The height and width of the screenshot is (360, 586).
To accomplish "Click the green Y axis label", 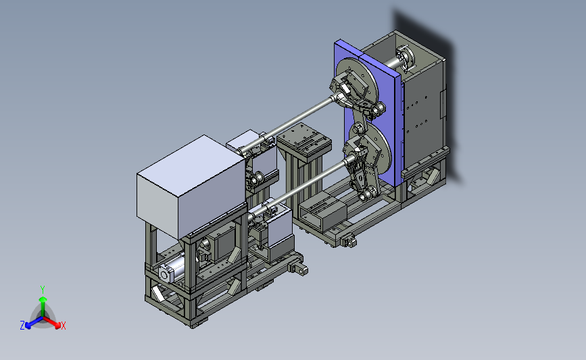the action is tap(43, 290).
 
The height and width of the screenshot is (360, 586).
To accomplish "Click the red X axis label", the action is tap(63, 326).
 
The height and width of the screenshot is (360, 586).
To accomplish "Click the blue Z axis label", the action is tap(22, 326).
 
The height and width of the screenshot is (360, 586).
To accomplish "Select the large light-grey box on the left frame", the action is tap(191, 186).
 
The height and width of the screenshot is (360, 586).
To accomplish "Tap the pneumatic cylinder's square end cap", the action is tap(165, 274).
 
